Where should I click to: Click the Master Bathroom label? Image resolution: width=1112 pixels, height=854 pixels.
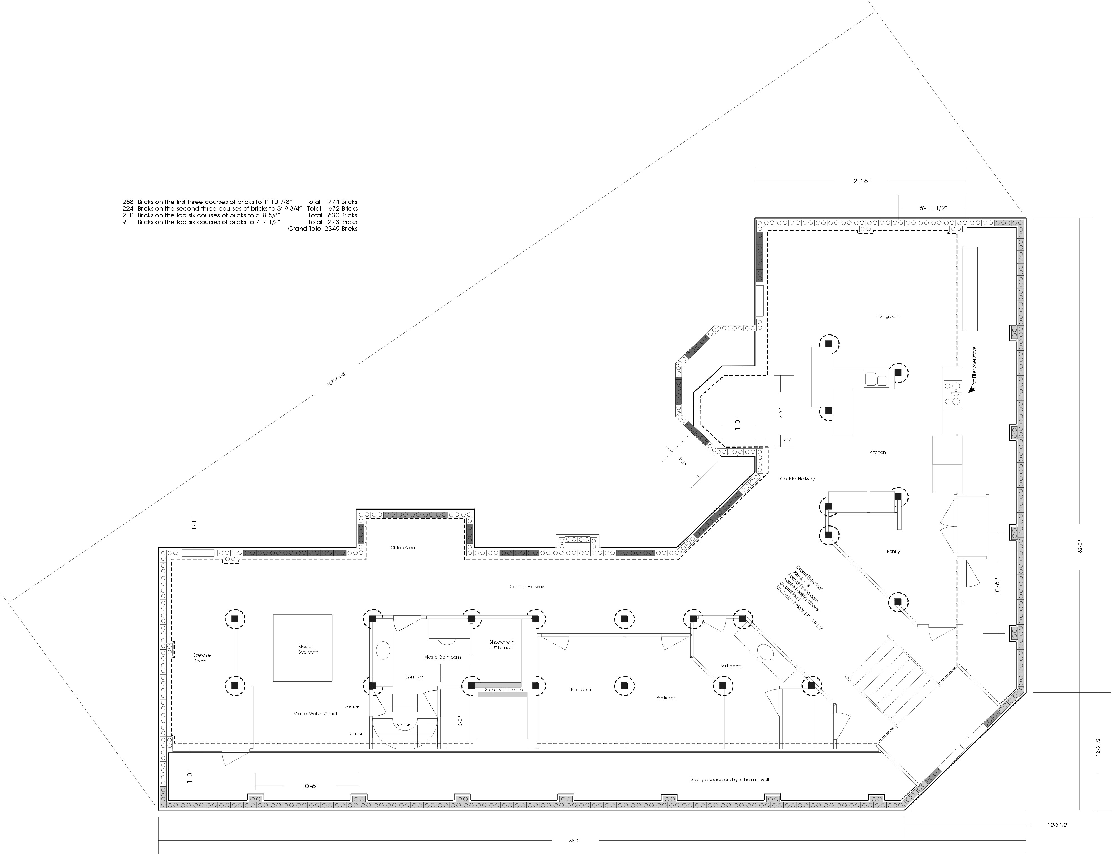442,657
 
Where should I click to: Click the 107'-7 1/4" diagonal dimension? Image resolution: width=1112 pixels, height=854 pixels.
336,379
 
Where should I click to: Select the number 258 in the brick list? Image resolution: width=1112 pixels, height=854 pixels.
128,202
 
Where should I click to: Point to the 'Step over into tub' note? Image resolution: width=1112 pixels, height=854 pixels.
503,690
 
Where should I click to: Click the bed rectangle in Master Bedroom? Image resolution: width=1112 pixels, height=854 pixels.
303,648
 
